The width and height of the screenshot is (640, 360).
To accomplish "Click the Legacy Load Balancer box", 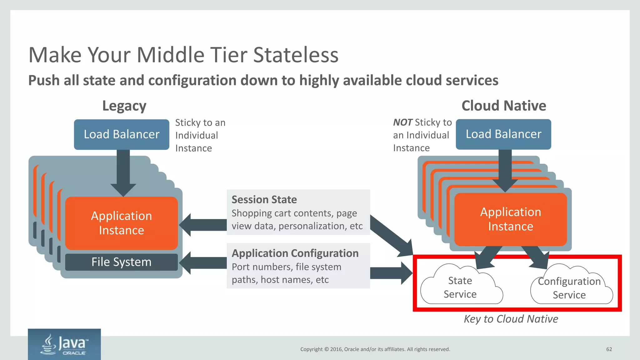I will click(x=122, y=134).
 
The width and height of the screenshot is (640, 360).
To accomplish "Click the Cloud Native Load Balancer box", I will click(x=503, y=134).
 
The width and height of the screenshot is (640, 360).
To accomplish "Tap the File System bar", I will click(x=121, y=262).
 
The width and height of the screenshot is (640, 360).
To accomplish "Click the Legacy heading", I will click(x=124, y=106).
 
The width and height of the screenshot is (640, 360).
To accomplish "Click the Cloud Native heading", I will click(x=504, y=106).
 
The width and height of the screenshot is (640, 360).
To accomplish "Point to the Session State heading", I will click(x=264, y=199).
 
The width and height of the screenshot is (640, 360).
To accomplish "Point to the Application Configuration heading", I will click(x=295, y=253).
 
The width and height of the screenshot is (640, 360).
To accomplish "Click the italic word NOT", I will click(x=402, y=122).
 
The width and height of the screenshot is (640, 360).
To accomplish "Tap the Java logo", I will click(x=64, y=344).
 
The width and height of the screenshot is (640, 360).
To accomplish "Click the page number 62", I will click(x=609, y=349).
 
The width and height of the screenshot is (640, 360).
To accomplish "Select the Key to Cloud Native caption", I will click(x=511, y=319).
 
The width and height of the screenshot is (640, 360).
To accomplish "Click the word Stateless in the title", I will click(x=296, y=55).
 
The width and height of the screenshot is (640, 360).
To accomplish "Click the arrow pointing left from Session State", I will click(x=203, y=225).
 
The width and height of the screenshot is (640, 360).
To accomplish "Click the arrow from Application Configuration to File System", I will click(x=203, y=263).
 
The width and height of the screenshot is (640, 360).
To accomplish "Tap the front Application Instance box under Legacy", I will click(x=121, y=223).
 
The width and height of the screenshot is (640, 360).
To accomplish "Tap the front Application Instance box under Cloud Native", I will click(x=510, y=219).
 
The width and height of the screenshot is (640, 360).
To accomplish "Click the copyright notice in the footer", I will click(x=375, y=349).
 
